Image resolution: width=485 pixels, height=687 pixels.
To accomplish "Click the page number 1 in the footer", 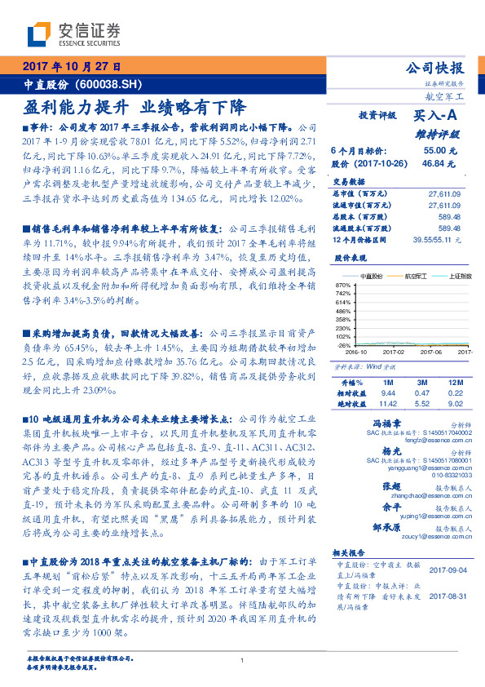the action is pos(242,661).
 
